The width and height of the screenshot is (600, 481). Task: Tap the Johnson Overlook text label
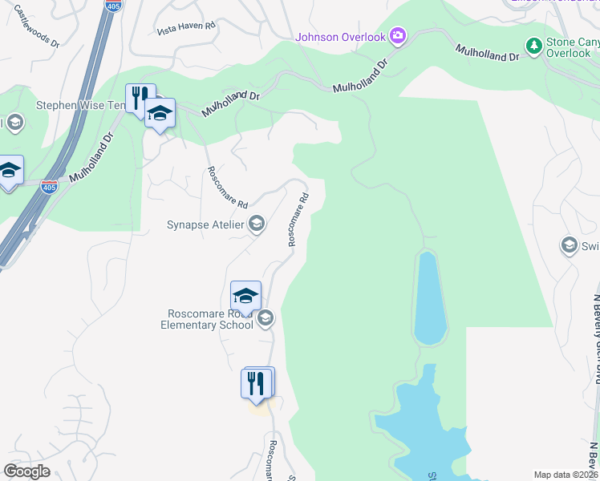[340, 36]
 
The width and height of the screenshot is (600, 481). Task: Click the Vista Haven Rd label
[187, 26]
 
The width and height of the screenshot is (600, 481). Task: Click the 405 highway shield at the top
[113, 5]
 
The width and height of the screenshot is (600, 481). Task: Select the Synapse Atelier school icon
[256, 224]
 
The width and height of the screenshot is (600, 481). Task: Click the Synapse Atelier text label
[205, 224]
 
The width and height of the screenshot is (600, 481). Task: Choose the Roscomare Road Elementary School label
[206, 319]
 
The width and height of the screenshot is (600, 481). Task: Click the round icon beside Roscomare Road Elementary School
[266, 319]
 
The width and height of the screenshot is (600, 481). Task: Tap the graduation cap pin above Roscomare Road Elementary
[245, 295]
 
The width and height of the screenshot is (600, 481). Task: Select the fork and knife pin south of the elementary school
[257, 382]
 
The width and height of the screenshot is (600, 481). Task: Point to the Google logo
[26, 471]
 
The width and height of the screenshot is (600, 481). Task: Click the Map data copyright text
[566, 475]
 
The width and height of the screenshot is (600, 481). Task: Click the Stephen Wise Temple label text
[80, 105]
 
